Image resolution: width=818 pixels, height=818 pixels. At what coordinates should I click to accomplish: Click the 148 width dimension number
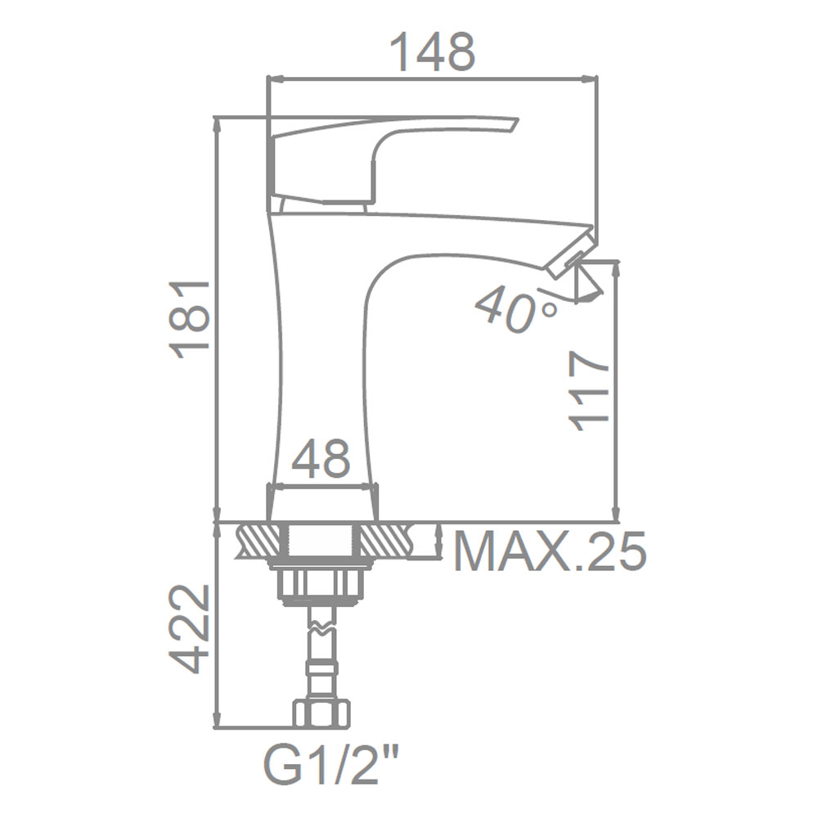point(433,52)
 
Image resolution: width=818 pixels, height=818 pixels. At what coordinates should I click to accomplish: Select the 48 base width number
point(321,459)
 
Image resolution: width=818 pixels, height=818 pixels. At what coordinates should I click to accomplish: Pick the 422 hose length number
point(191,628)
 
